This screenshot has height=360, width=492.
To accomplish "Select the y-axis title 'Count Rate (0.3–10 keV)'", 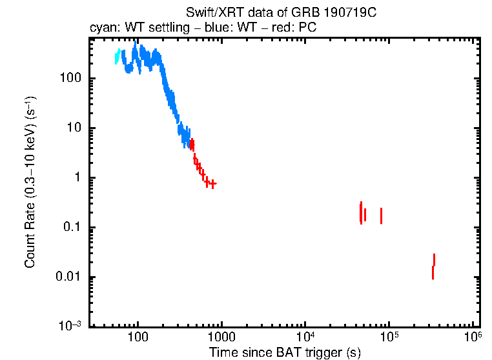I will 30,182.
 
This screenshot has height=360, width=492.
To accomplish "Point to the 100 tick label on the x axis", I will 138,339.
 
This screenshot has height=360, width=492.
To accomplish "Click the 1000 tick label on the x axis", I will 221,339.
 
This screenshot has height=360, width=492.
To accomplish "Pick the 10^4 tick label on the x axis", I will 305,337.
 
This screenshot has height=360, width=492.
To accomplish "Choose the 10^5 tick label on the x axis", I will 389,337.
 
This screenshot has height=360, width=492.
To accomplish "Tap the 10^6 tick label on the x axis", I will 473,337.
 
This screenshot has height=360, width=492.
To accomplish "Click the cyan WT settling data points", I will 118,56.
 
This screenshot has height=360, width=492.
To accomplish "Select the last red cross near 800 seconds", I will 212,184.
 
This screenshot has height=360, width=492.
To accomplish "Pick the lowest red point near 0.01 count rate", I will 433,272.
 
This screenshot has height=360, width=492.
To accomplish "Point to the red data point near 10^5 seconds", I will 381,215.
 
